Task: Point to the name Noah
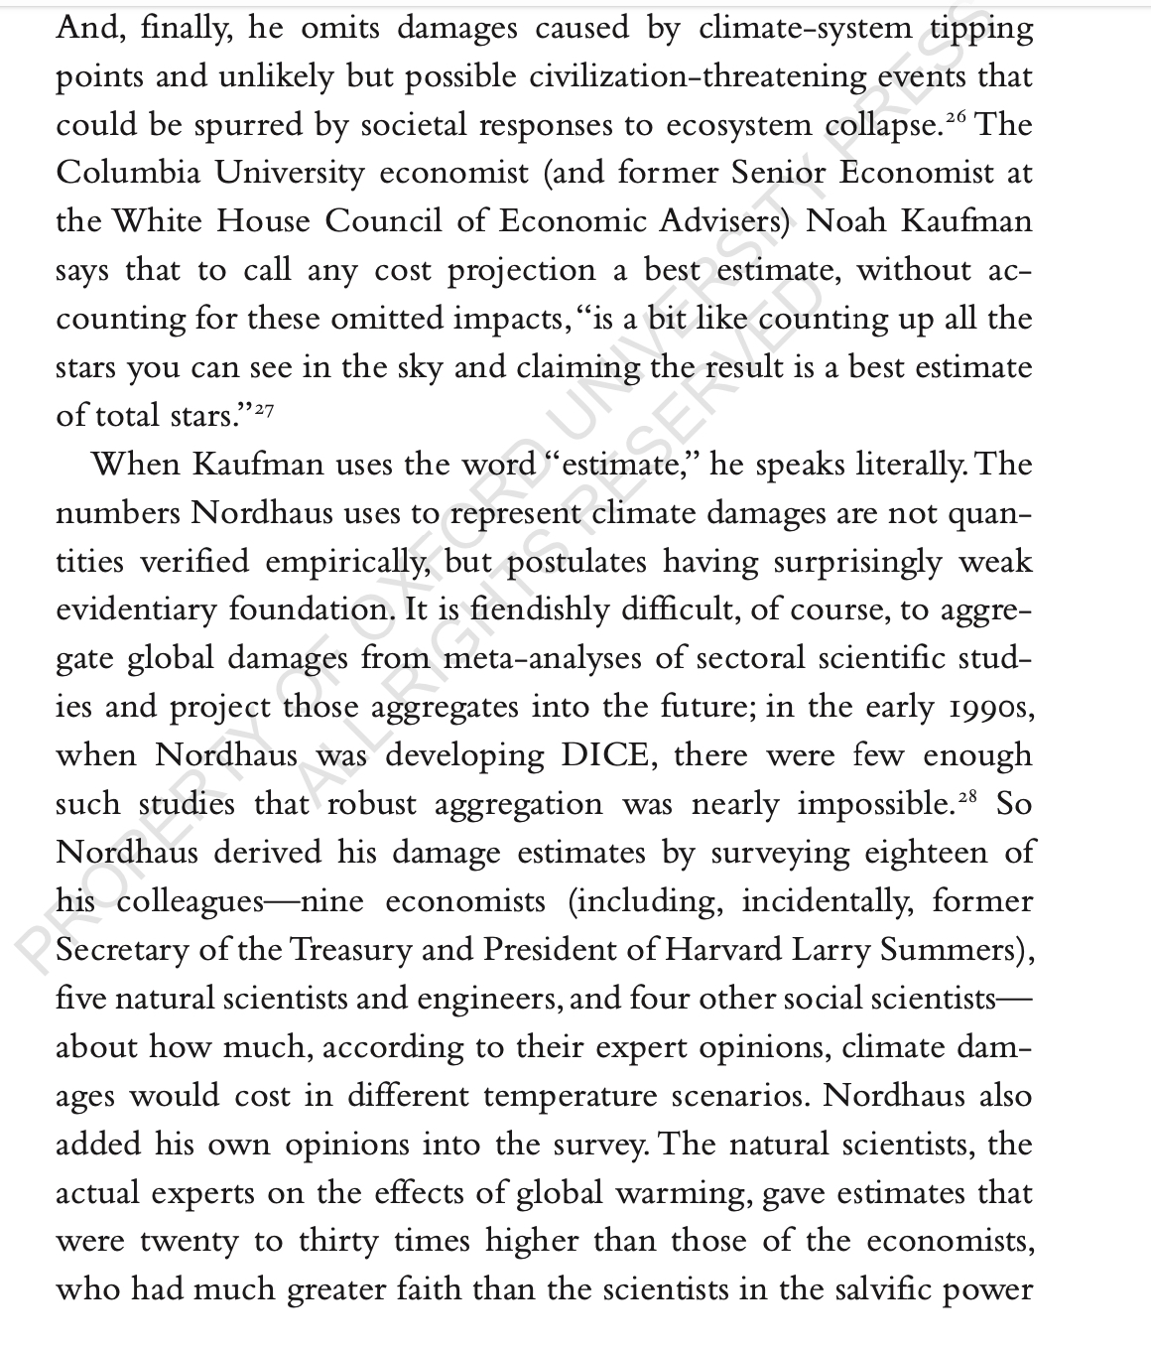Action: coord(847,221)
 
